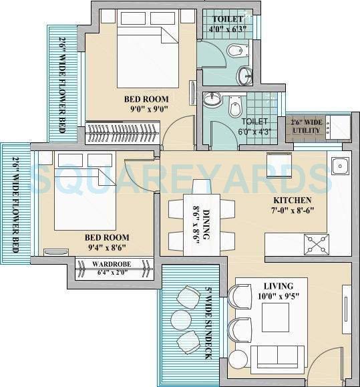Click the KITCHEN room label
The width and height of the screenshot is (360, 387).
point(292,200)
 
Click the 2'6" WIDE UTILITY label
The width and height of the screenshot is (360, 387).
point(306,126)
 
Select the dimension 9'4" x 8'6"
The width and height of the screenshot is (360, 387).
point(107,247)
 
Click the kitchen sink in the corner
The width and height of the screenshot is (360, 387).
point(338,164)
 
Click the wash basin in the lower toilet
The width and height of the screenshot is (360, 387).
point(211,100)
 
